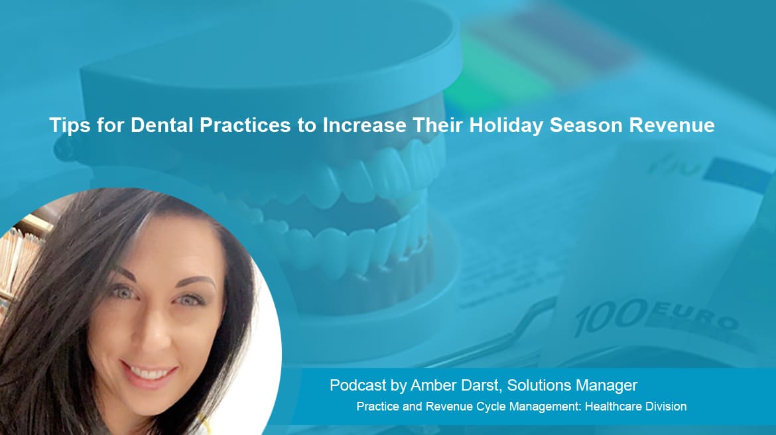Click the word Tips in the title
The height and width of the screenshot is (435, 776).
coord(70,125)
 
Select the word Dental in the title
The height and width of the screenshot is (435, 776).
coord(161,125)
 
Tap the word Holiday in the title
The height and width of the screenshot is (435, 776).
coord(506,125)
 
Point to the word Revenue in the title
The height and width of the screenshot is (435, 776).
coord(672,125)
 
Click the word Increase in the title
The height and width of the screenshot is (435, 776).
coord(364,125)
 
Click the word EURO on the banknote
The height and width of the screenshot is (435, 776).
coord(695,317)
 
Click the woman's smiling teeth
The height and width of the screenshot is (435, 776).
coord(149,372)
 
